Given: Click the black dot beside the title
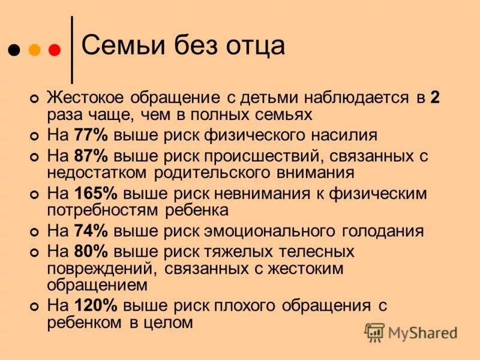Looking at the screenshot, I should (14, 50).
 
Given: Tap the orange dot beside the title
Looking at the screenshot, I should (34, 50).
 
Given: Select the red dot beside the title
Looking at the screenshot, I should (54, 50).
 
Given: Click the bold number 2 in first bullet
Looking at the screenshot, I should (434, 98).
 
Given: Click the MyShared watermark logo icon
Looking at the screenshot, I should (374, 332).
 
